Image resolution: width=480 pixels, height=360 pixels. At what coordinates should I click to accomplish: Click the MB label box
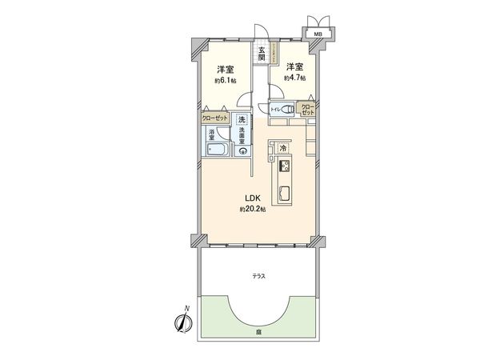click(x=318, y=34)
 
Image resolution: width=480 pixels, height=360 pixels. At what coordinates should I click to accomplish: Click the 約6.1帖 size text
click(x=223, y=80)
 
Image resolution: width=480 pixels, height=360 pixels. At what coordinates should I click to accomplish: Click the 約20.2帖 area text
click(x=252, y=210)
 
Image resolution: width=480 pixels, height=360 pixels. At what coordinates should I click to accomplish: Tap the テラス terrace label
click(x=259, y=275)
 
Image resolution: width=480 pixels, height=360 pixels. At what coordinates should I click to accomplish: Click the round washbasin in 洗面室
click(x=243, y=154)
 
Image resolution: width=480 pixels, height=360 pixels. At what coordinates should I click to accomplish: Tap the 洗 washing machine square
click(x=242, y=120)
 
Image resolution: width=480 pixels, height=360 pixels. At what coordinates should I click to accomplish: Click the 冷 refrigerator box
click(x=282, y=148)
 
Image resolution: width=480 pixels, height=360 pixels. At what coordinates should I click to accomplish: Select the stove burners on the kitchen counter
click(x=283, y=167)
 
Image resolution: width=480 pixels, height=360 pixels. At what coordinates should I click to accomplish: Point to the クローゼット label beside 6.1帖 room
click(x=214, y=117)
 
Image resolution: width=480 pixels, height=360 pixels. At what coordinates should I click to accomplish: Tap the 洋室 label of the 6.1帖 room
click(x=223, y=69)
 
